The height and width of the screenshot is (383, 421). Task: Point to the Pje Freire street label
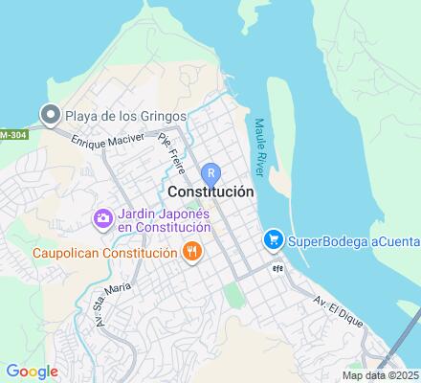pyautogui.click(x=171, y=148)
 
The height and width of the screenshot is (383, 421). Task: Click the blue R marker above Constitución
pyautogui.click(x=210, y=172)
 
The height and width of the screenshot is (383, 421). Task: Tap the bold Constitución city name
pyautogui.click(x=217, y=191)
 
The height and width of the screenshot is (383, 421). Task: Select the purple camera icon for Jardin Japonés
pyautogui.click(x=102, y=219)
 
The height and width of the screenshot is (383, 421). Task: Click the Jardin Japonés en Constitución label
pyautogui.click(x=164, y=220)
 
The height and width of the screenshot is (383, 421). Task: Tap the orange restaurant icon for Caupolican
pyautogui.click(x=191, y=252)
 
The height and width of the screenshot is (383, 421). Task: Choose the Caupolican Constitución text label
pyautogui.click(x=92, y=253)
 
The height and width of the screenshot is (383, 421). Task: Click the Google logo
pyautogui.click(x=32, y=372)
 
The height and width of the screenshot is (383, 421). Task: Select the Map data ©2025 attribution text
pyautogui.click(x=380, y=375)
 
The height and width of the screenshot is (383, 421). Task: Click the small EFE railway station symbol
pyautogui.click(x=277, y=268)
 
